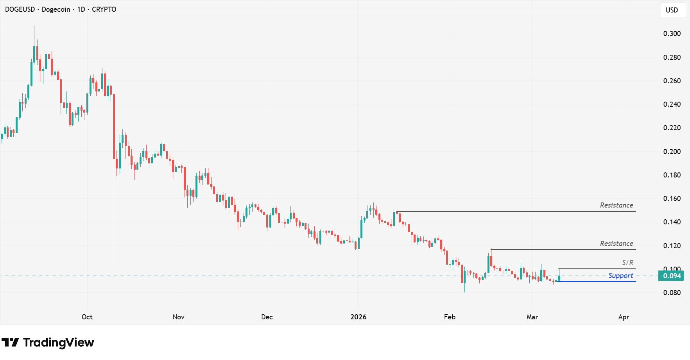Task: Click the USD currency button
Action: (x=672, y=10)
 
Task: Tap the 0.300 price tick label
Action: (x=672, y=34)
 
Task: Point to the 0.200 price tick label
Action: (x=672, y=152)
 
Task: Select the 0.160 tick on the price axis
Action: (x=672, y=199)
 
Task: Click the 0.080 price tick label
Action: (x=672, y=293)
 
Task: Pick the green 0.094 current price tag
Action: (x=672, y=276)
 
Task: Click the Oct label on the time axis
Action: (x=87, y=317)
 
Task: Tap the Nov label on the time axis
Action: (x=179, y=317)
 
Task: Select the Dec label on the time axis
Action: (x=267, y=317)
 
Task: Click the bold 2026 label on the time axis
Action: (x=358, y=317)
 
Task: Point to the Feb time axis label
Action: (x=450, y=317)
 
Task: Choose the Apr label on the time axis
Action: (x=624, y=317)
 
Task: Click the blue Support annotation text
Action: (x=620, y=276)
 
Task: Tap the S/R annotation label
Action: (x=627, y=263)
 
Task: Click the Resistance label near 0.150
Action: (x=617, y=205)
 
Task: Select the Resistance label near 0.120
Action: (x=617, y=244)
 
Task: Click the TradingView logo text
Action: (x=58, y=343)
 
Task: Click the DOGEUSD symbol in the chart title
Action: (x=20, y=9)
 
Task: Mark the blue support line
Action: (x=594, y=281)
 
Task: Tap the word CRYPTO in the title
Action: (x=104, y=9)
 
